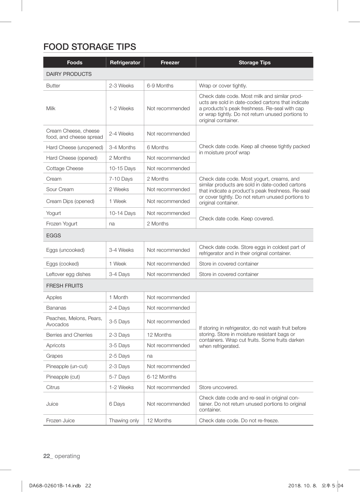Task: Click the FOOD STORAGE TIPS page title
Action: [x=90, y=47]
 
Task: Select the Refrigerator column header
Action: [x=125, y=62]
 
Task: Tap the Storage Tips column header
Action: [x=254, y=62]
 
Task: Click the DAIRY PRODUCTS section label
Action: [x=69, y=74]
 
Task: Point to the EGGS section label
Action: [x=53, y=236]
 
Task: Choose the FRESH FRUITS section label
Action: [x=64, y=286]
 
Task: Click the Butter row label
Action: [x=53, y=86]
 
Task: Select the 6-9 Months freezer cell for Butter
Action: [x=160, y=86]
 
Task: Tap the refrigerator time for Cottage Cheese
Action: [x=122, y=168]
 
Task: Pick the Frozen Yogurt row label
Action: [x=61, y=224]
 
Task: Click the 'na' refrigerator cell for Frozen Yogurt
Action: [x=112, y=224]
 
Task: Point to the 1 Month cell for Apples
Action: [x=119, y=297]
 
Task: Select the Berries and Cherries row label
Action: [x=69, y=335]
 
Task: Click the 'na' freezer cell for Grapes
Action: [x=150, y=356]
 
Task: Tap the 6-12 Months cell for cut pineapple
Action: [x=162, y=377]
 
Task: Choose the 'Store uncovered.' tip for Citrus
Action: [x=218, y=387]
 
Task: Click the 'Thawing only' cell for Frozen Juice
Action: [x=124, y=420]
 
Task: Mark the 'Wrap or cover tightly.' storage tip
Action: [x=223, y=86]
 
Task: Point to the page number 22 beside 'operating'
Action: [x=47, y=456]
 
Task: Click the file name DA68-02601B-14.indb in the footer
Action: [x=55, y=485]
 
